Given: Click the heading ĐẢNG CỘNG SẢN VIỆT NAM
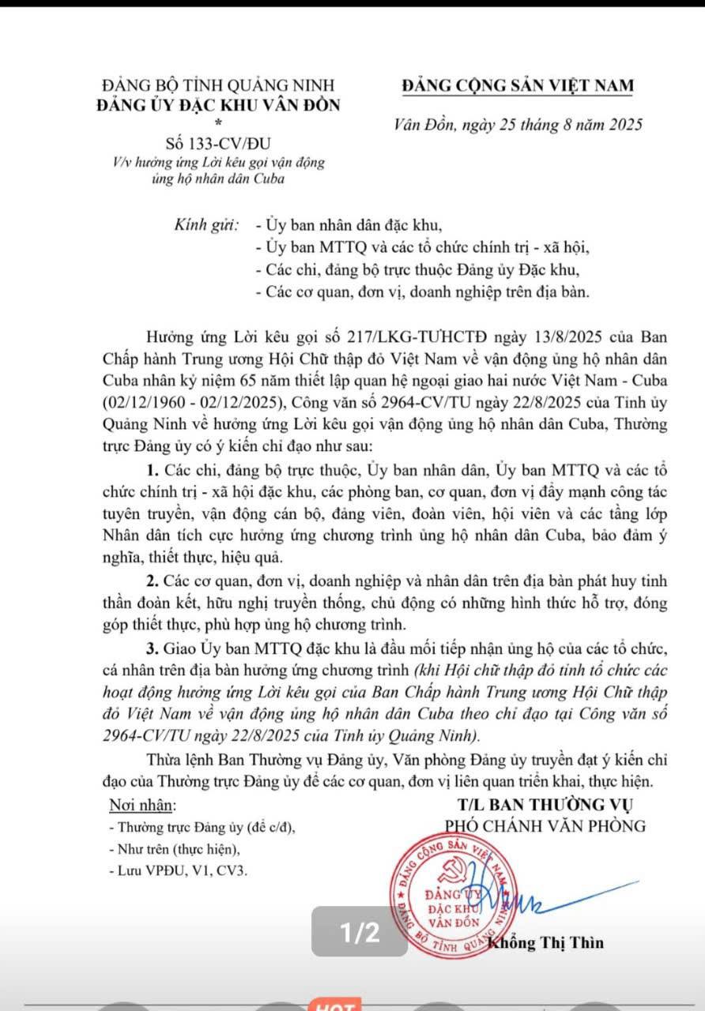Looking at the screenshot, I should pos(517,86).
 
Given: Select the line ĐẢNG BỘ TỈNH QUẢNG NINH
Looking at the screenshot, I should pos(218,85).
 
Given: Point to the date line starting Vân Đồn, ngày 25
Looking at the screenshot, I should pos(518,125).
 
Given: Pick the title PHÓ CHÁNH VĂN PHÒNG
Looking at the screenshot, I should pos(545,826).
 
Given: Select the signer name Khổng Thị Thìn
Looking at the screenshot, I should pos(545,942).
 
